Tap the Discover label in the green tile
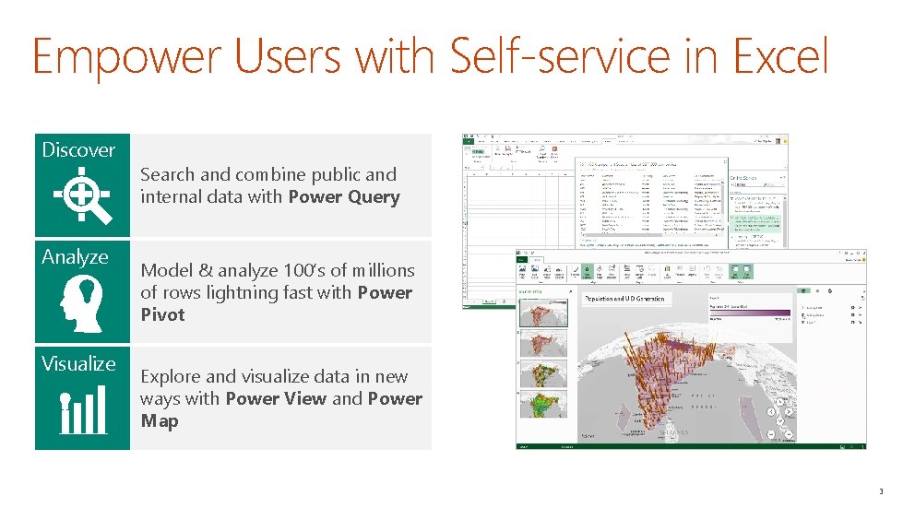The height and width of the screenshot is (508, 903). click(78, 150)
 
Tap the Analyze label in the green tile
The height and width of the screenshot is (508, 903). click(75, 257)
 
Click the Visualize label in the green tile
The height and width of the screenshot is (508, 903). click(78, 364)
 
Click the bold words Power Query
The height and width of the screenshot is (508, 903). click(344, 197)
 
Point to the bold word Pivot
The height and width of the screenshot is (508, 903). click(162, 315)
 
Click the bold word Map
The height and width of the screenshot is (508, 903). click(160, 421)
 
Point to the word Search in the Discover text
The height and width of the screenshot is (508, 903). click(167, 175)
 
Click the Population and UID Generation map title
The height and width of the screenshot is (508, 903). click(625, 299)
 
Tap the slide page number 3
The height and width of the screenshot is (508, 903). click(881, 491)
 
